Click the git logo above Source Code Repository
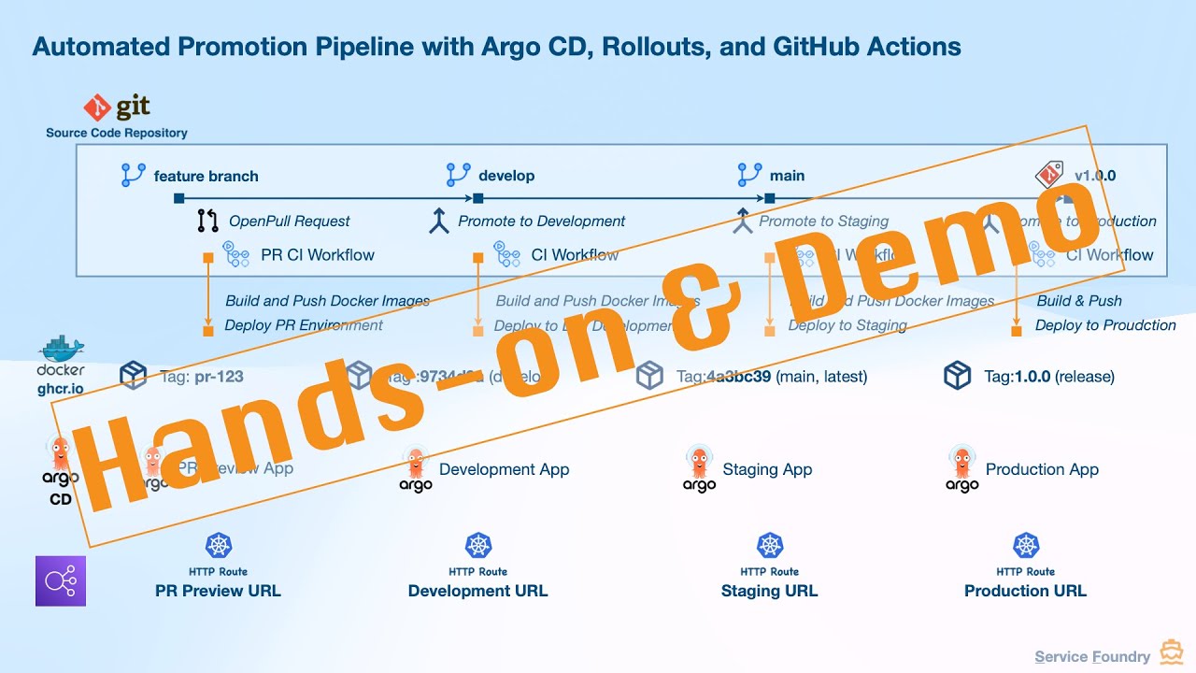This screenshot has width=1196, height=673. pos(117,108)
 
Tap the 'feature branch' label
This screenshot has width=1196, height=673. pos(206,176)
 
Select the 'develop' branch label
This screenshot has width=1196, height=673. pos(506,176)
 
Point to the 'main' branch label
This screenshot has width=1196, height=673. pos(787,176)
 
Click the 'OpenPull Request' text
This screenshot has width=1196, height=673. pos(290,222)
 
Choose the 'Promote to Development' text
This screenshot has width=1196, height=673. pos(542,222)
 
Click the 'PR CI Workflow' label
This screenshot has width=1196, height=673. pos(317,254)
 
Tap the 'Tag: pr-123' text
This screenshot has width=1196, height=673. pos(201,377)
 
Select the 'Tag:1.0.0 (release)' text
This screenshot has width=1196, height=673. pos(1048,377)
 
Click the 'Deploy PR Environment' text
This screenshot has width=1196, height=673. pos(304,325)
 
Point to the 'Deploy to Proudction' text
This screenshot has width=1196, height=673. pos(1105,325)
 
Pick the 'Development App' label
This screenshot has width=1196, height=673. pos(504,469)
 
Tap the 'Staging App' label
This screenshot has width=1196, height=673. pos(767,469)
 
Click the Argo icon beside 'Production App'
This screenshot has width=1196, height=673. pos(961,467)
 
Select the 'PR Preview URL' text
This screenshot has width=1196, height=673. pos(218,591)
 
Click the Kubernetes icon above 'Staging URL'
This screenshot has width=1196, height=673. pos(770,546)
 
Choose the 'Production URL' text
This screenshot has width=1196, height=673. pos(1025,591)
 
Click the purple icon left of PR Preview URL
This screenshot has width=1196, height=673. pos(61,580)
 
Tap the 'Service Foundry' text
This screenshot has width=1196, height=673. pos(1092,657)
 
